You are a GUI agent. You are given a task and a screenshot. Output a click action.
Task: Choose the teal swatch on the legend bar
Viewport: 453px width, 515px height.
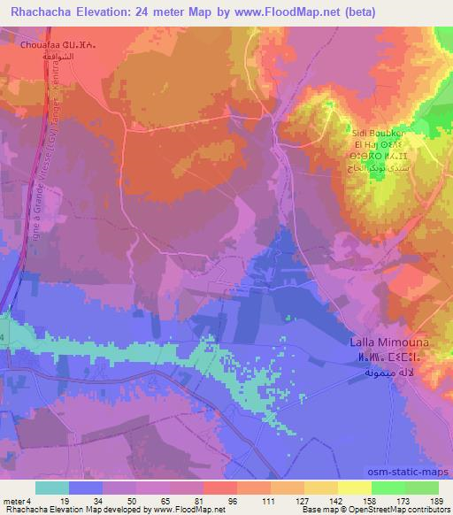51,488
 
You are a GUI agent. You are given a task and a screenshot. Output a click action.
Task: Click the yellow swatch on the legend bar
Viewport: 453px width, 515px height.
355,488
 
